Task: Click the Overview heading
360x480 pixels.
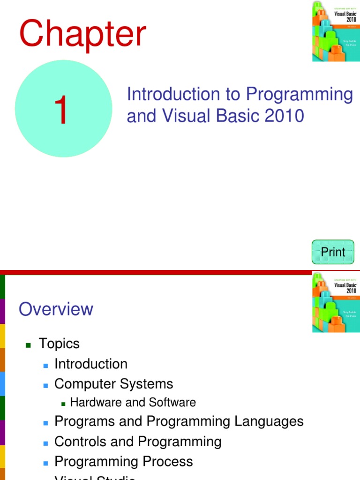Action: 56,309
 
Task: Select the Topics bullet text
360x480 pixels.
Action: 59,344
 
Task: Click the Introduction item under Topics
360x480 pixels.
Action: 91,364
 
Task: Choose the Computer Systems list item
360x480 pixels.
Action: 113,384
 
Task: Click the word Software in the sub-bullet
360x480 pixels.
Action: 172,403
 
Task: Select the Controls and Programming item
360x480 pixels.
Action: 138,442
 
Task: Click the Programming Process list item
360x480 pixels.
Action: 124,462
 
